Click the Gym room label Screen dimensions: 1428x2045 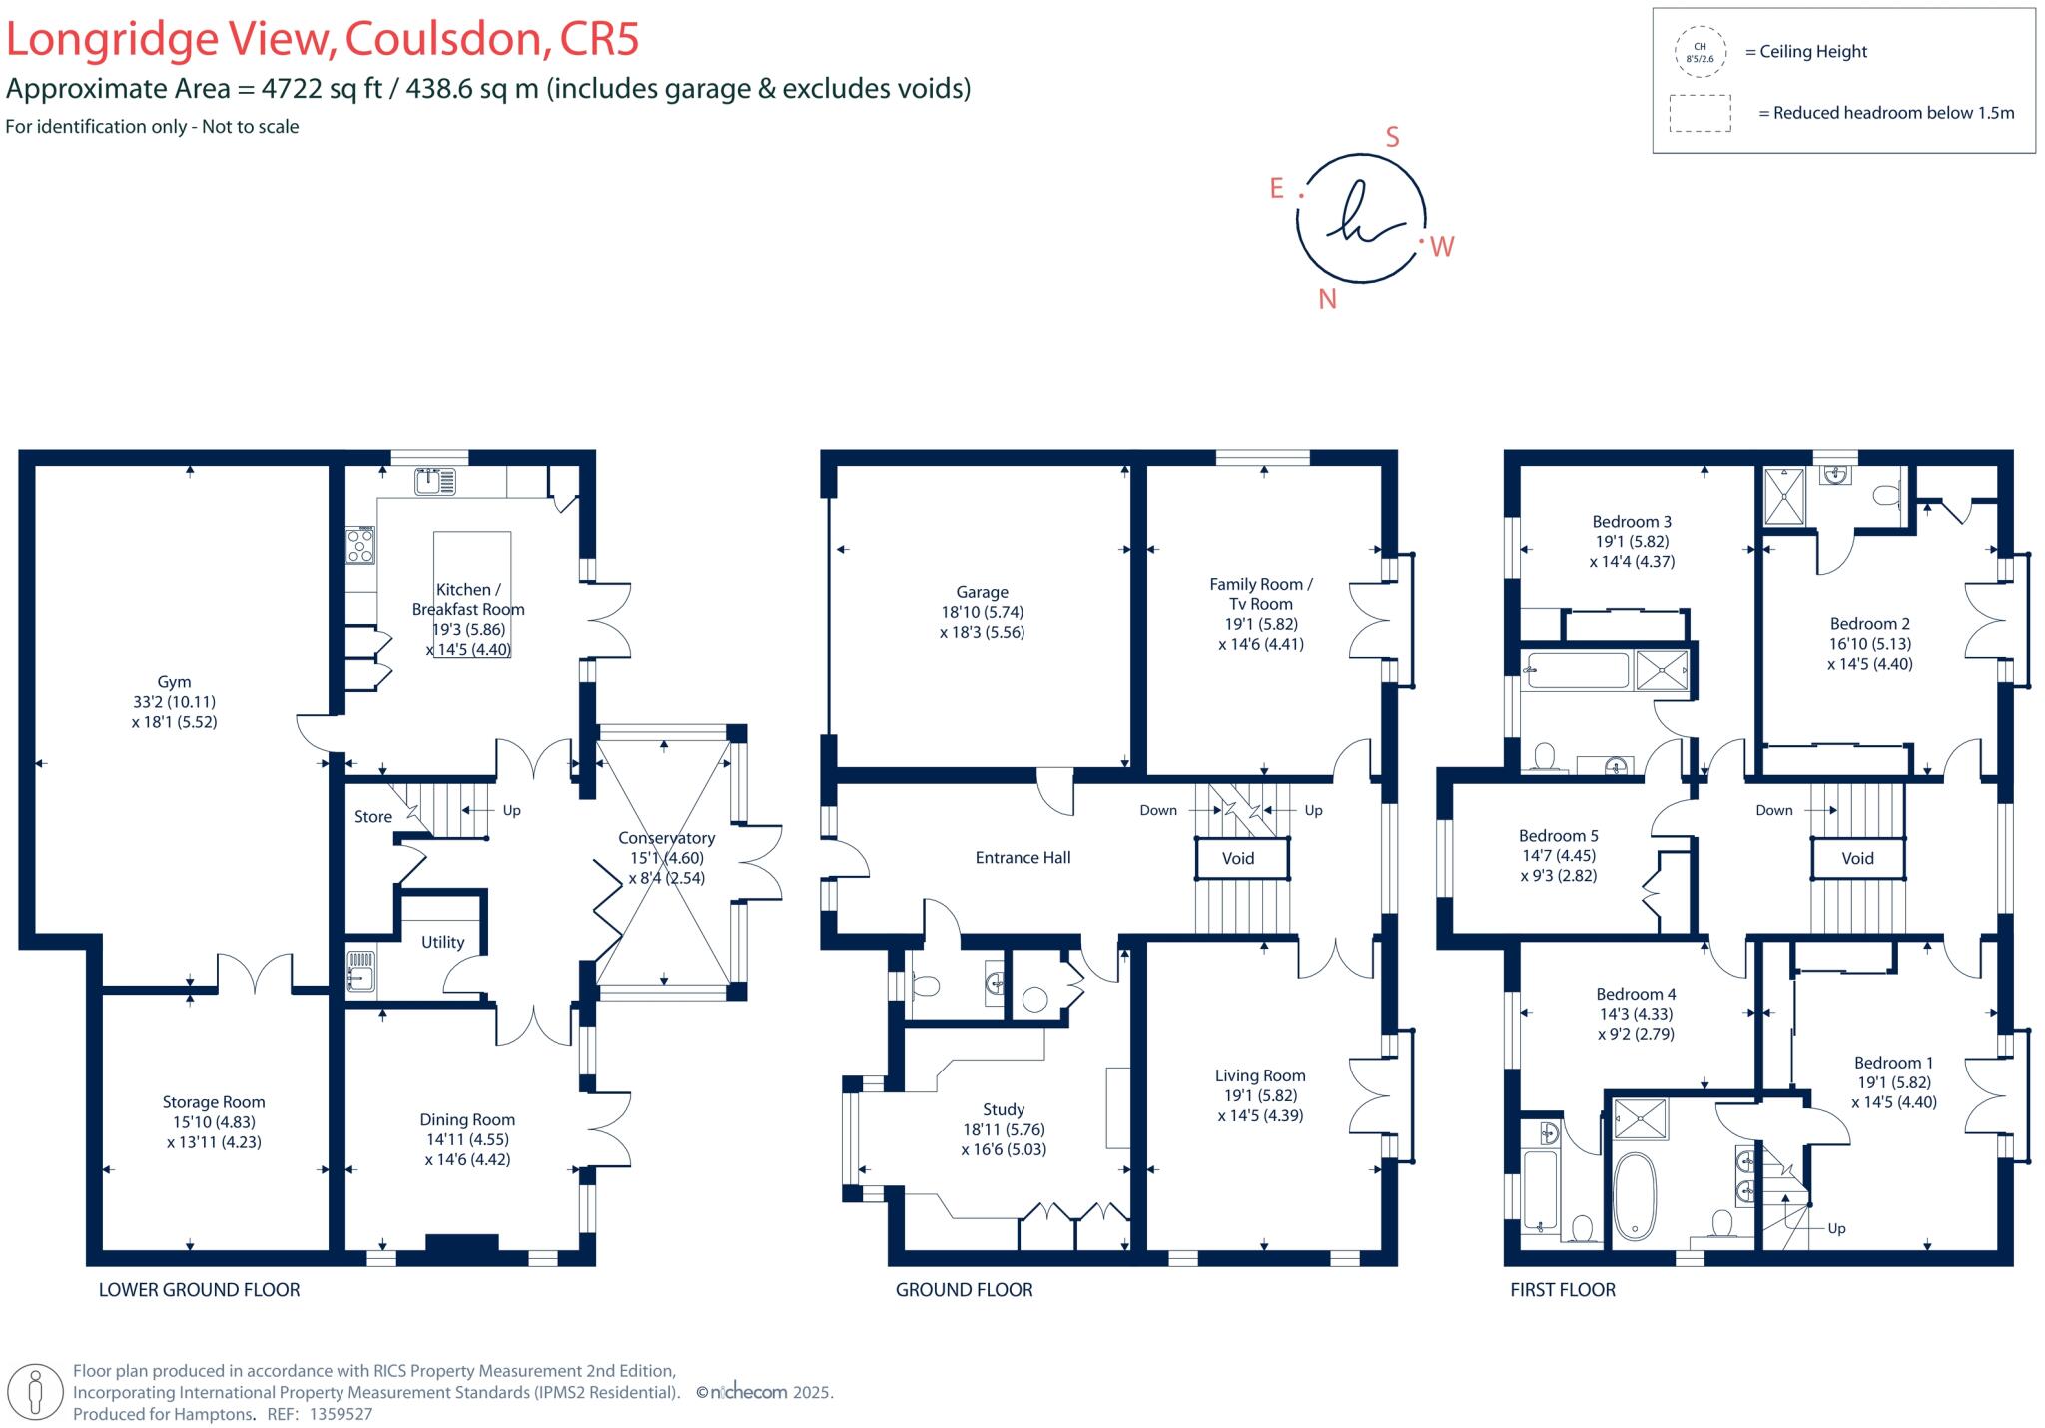(174, 682)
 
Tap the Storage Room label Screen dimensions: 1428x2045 (214, 1102)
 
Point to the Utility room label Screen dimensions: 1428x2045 (442, 942)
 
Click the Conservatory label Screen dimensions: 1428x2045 (666, 838)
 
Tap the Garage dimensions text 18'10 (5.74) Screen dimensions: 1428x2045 (982, 612)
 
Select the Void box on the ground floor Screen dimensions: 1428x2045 (1238, 858)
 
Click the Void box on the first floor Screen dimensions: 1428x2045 (1857, 858)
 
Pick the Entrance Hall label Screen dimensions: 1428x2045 (1022, 857)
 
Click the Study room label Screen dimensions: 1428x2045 (1003, 1109)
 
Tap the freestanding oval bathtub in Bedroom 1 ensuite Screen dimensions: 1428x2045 (1634, 1196)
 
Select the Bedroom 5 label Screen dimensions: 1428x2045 (1558, 836)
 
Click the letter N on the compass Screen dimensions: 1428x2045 (1327, 299)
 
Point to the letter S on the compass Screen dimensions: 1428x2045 (1392, 138)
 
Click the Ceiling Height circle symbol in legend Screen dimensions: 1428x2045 (1700, 53)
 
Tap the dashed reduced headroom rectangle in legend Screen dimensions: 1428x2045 (1700, 113)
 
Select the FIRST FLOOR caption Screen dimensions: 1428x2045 (1562, 1290)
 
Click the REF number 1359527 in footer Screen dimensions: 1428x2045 (341, 1414)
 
